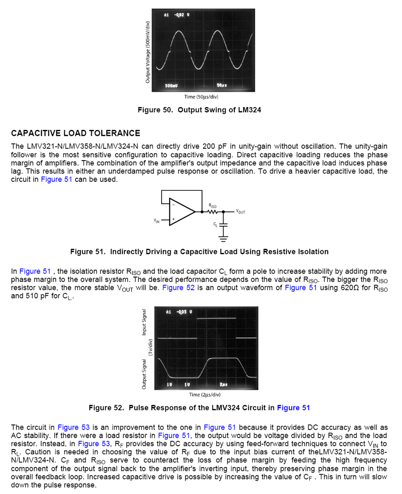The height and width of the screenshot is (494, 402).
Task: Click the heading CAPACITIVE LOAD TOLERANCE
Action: (76, 134)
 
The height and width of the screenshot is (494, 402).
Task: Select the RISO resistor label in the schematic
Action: (213, 206)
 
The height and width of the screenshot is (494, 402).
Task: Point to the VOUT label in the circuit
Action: (240, 212)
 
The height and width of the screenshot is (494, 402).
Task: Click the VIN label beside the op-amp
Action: (157, 221)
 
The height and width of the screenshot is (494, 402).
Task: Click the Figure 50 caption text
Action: (199, 110)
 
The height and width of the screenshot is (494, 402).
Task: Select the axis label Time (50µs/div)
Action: (201, 97)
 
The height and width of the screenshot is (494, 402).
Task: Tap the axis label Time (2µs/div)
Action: (205, 395)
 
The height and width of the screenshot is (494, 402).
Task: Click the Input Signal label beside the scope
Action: (144, 323)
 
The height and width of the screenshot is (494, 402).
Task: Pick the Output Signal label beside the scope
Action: (144, 374)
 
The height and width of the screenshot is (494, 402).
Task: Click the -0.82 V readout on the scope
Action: (181, 15)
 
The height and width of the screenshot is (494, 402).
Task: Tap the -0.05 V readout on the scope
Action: (183, 312)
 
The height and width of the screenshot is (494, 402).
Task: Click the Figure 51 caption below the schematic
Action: (199, 251)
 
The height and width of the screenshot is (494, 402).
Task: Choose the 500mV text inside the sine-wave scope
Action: (171, 85)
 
